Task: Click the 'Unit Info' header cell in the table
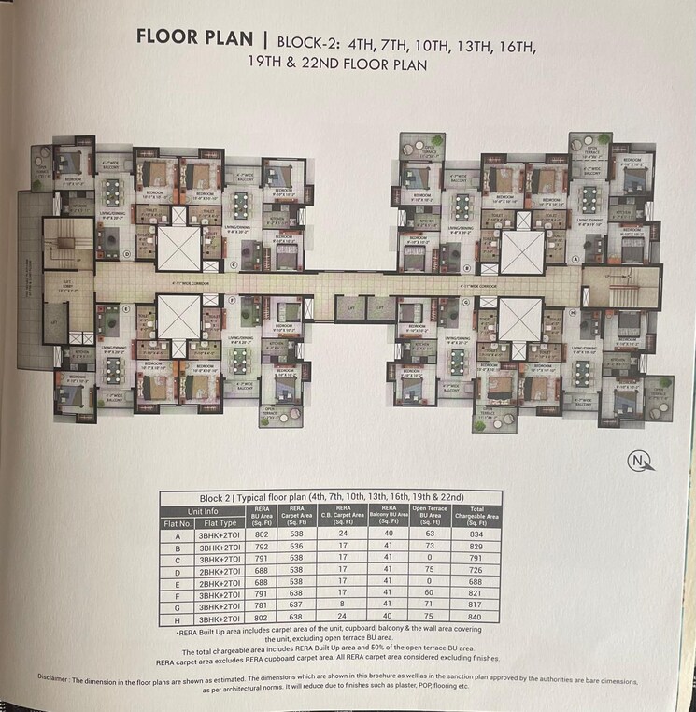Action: pos(203,511)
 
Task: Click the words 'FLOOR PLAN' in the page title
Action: pos(193,38)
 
